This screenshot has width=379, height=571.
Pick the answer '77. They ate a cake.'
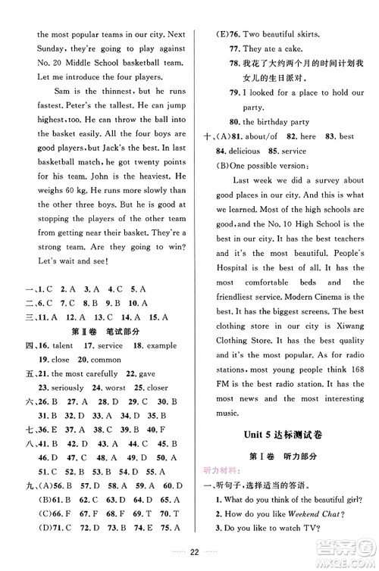271,48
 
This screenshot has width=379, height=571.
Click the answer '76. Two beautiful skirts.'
274,33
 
